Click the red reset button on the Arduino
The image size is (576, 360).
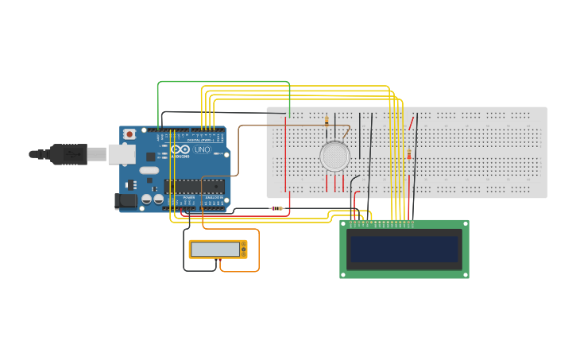pos(130,134)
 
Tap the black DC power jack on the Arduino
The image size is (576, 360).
pos(125,202)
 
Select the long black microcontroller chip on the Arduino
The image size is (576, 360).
pos(195,187)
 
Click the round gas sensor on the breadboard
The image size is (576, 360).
pos(334,156)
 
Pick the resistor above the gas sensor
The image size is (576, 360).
pos(327,121)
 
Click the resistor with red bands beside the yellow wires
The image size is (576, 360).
pos(409,155)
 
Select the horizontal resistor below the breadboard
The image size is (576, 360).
pos(276,208)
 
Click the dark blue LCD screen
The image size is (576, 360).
pos(404,249)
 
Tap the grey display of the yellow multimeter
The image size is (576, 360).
pos(215,250)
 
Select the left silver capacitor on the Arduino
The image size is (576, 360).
pos(147,199)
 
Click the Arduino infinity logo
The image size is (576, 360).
pos(180,149)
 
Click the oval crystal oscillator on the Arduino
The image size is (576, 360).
pos(149,170)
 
